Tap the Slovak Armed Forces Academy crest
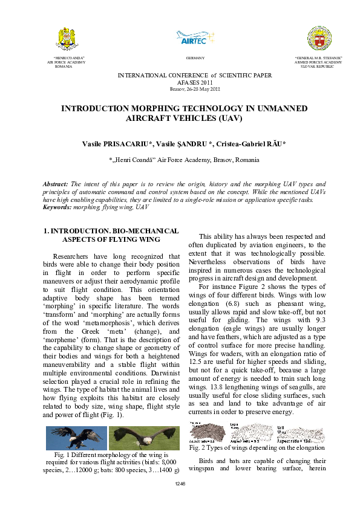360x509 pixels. coord(318,38)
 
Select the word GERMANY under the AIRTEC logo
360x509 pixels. coord(195,58)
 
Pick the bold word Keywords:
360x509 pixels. coord(57,207)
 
